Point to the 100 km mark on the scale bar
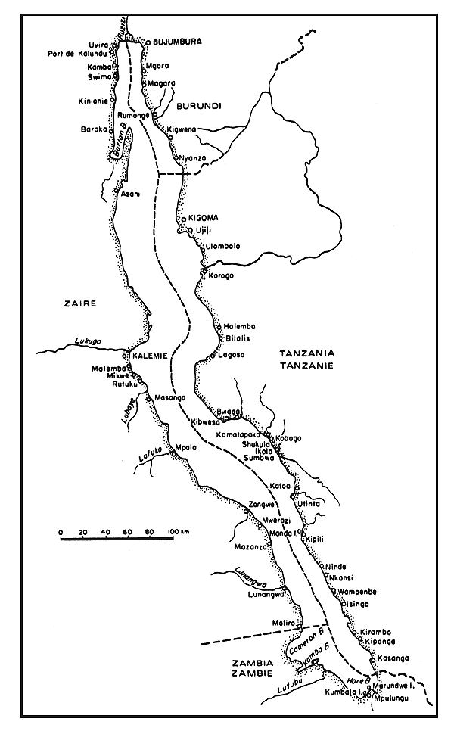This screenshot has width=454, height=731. coord(176,531)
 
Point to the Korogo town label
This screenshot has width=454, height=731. coord(221,275)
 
